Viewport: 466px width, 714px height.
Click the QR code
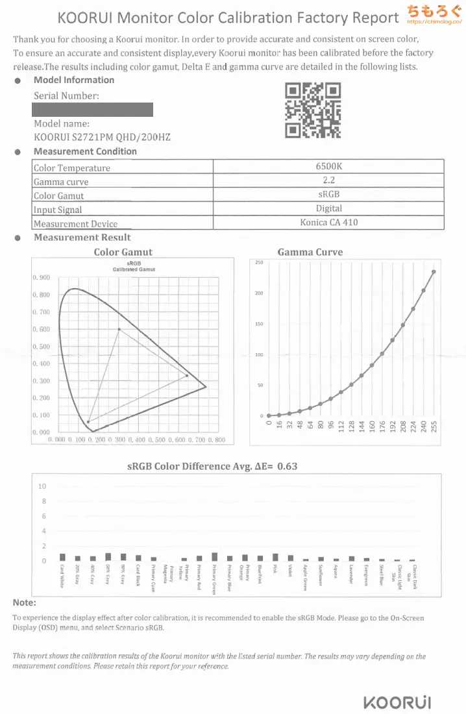(313, 111)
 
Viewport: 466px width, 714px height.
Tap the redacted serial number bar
(93, 110)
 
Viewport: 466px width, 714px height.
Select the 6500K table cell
(328, 167)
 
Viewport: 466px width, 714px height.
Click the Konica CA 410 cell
(328, 223)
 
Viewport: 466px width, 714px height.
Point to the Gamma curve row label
(61, 182)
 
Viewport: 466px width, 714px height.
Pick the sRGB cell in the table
(328, 195)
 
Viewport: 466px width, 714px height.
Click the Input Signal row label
(58, 210)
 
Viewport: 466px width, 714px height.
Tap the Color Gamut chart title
(123, 252)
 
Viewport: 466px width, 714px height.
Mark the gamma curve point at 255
(434, 272)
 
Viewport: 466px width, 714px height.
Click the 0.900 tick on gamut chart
(41, 278)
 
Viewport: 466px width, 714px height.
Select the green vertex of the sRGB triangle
(119, 329)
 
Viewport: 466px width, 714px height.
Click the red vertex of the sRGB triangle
(188, 375)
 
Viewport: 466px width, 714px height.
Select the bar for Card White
(62, 557)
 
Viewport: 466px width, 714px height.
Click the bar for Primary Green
(215, 557)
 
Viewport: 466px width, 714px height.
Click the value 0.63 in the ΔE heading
(287, 466)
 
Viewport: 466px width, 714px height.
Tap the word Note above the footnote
(24, 602)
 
